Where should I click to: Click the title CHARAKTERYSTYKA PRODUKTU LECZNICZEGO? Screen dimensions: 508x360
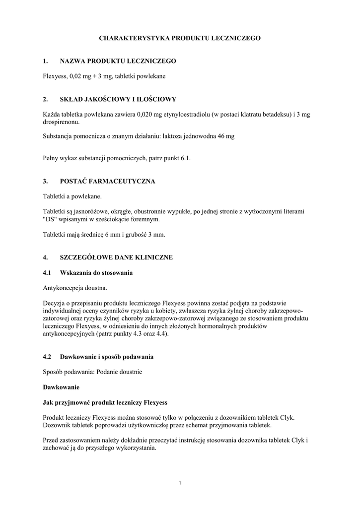(179, 38)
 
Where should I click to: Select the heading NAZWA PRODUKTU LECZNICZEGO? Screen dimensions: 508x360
(118, 61)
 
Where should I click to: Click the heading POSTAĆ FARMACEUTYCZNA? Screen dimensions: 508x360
(107, 181)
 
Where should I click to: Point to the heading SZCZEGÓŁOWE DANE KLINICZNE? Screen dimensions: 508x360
(116, 257)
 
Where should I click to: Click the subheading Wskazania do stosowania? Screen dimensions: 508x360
(96, 273)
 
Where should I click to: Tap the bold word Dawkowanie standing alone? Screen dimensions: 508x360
(61, 386)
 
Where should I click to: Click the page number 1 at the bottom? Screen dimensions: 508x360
(180, 483)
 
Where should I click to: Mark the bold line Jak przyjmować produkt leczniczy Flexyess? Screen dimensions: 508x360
(105, 402)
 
